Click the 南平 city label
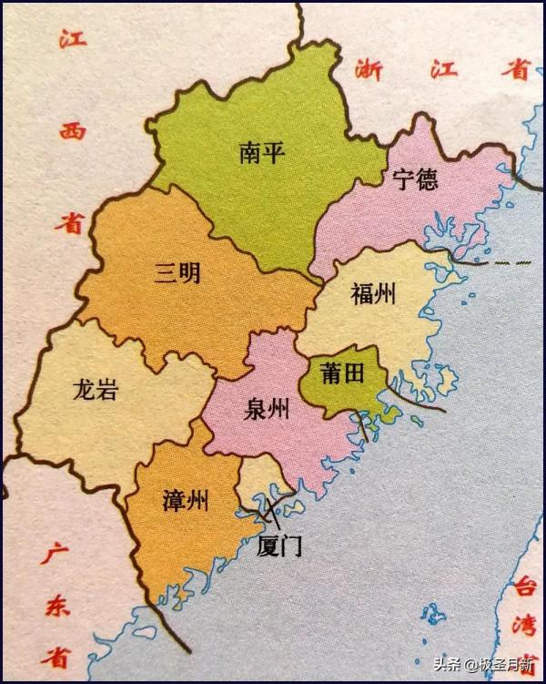tap(263, 152)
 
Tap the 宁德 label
tap(415, 179)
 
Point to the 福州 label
tap(373, 293)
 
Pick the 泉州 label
tap(267, 410)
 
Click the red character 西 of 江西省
tap(69, 132)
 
